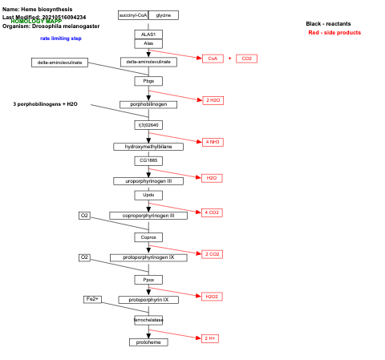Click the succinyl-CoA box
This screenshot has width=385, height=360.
click(132, 15)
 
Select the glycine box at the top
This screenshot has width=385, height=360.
click(164, 15)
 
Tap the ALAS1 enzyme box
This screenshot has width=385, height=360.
click(148, 34)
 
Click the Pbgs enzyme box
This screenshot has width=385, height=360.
click(148, 81)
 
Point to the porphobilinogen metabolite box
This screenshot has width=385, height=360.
click(148, 104)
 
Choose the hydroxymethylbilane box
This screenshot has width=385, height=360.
click(148, 147)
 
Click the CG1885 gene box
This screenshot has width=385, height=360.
click(148, 160)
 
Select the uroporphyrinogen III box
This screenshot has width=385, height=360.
click(148, 181)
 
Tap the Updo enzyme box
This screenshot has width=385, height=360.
click(148, 195)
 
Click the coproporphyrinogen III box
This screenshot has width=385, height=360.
click(148, 216)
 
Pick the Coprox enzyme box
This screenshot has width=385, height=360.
click(148, 237)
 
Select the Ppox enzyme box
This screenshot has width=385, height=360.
click(148, 280)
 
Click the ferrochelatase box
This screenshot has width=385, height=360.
click(148, 320)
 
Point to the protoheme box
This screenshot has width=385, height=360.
click(148, 342)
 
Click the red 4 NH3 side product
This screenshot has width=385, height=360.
click(213, 142)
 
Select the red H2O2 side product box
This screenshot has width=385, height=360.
click(212, 297)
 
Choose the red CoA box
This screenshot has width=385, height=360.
click(212, 59)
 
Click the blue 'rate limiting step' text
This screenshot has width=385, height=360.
click(61, 38)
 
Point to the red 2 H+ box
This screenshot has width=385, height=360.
click(210, 338)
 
